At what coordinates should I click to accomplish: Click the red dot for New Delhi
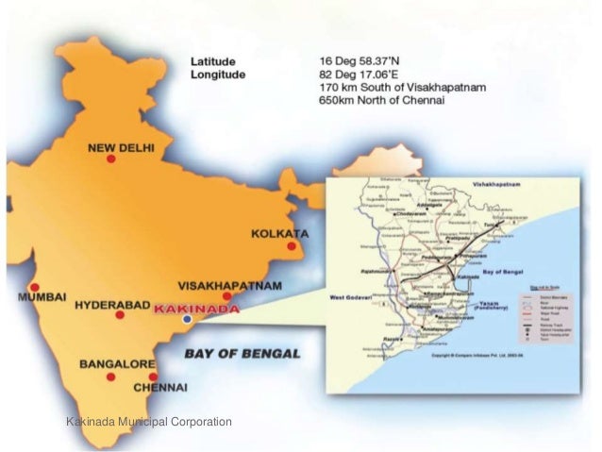click(x=110, y=159)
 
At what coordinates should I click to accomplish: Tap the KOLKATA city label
click(x=279, y=233)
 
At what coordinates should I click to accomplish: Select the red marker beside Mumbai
click(x=35, y=287)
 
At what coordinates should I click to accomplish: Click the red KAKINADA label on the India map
click(x=197, y=309)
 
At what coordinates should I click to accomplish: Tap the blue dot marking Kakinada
click(x=187, y=321)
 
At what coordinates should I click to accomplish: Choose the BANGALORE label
click(x=117, y=363)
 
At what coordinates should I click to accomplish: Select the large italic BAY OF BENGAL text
click(x=237, y=354)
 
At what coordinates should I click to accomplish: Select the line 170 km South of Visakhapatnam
click(x=403, y=87)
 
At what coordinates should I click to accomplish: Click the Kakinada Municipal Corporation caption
click(x=148, y=422)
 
